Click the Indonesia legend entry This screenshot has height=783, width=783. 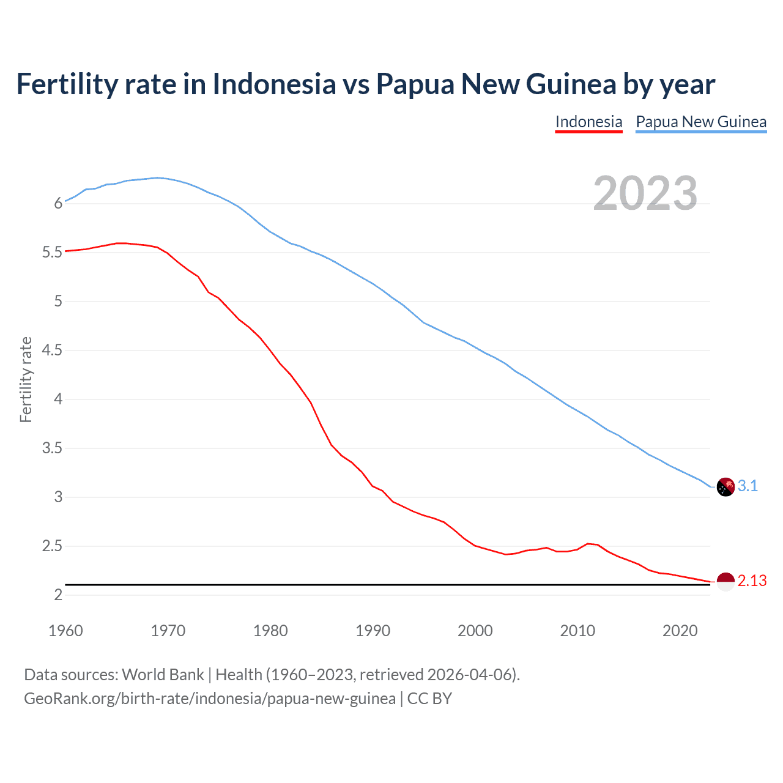point(588,122)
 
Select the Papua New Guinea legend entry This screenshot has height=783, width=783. point(701,122)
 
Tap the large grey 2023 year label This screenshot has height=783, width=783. point(645,193)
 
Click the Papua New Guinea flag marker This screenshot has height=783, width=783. point(725,487)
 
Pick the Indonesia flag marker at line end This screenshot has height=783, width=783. point(725,582)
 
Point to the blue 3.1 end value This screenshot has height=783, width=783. point(748,486)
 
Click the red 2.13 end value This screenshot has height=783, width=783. point(752,581)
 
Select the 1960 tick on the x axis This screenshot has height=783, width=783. point(65,631)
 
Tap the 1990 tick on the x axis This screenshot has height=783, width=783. point(373,631)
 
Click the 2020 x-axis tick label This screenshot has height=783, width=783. point(680,631)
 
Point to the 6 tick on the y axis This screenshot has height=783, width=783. point(59,204)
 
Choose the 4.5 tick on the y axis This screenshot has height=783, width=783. point(53,351)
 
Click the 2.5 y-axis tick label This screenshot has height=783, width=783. point(53,546)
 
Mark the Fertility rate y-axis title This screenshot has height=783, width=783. point(26,379)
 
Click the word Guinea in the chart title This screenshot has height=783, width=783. point(571,84)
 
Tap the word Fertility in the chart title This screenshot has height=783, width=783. point(66,84)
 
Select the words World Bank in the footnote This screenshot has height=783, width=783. point(163,675)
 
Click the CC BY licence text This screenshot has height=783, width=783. point(429,699)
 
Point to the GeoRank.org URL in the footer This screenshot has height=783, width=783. point(209,699)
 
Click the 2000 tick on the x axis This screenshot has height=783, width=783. point(475,631)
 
